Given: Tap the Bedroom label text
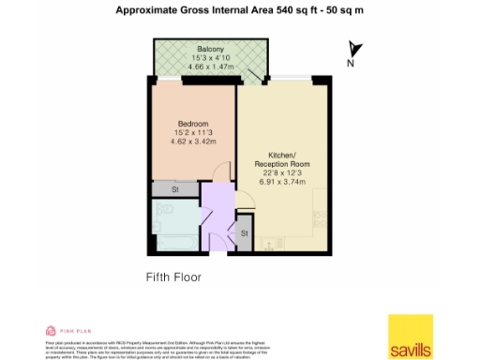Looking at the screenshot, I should coord(193,124).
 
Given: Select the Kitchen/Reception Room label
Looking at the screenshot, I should coord(282,158).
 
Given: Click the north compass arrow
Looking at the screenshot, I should coord(353,49).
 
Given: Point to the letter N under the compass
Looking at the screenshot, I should coord(351,64).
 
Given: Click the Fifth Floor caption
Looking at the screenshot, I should coord(173,277).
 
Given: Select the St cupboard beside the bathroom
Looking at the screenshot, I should coord(245,232).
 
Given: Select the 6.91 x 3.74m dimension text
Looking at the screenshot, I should coord(282,183).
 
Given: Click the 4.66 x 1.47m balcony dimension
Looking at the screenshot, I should coord(209,67).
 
